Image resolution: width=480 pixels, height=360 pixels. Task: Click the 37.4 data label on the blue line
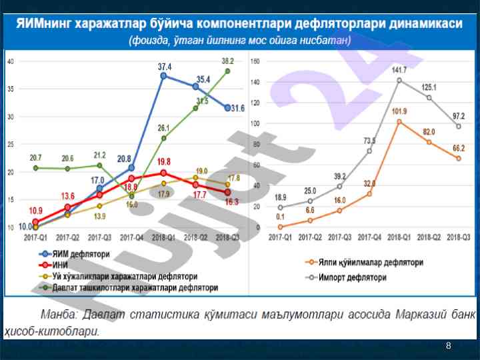click(x=164, y=67)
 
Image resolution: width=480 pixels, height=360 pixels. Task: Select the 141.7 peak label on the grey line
click(x=399, y=70)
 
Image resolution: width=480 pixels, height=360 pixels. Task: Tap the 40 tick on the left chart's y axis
click(x=11, y=61)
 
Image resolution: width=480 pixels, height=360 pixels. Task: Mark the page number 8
click(x=449, y=345)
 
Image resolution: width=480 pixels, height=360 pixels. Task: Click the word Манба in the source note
click(x=57, y=315)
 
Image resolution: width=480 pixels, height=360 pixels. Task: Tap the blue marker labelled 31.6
click(x=227, y=108)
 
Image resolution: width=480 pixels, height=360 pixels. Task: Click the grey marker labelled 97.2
click(x=458, y=126)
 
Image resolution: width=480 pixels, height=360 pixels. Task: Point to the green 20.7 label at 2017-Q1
click(x=36, y=157)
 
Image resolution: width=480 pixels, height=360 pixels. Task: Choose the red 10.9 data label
click(x=36, y=211)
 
